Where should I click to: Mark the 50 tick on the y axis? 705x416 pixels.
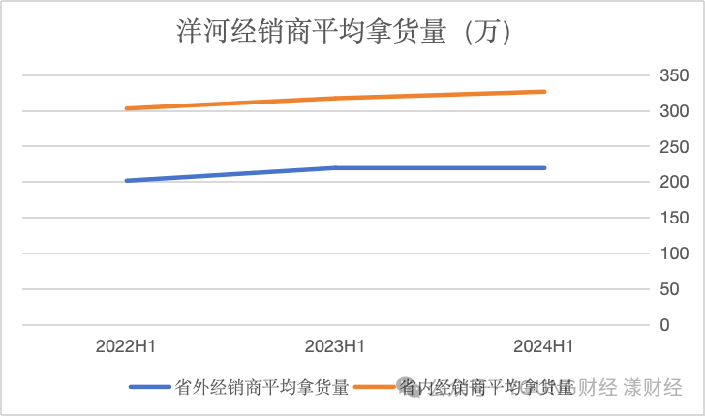click(x=668, y=289)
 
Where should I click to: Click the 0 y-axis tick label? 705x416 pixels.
click(x=664, y=325)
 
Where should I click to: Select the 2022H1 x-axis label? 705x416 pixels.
click(x=126, y=346)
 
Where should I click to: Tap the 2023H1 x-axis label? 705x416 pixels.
click(x=335, y=346)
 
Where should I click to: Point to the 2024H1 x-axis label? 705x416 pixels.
click(x=544, y=346)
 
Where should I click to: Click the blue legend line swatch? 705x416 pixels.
click(x=149, y=387)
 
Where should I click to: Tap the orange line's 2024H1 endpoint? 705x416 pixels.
click(x=544, y=92)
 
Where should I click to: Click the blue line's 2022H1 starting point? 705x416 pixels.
click(x=127, y=181)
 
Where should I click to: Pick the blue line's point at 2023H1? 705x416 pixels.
click(x=335, y=168)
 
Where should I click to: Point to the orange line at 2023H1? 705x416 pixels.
click(x=335, y=98)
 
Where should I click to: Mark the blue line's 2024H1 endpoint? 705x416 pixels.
click(x=544, y=168)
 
